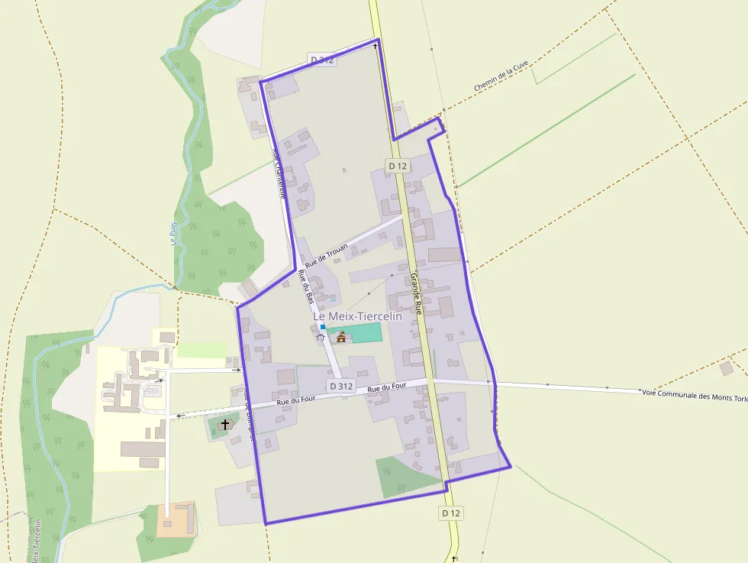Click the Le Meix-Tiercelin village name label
pyautogui.click(x=357, y=316)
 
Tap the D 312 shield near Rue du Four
pyautogui.click(x=341, y=387)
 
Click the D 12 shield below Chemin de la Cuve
pyautogui.click(x=398, y=166)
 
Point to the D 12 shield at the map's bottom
pyautogui.click(x=451, y=513)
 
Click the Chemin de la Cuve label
pyautogui.click(x=501, y=76)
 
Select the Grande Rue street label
pyautogui.click(x=417, y=294)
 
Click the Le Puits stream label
pyautogui.click(x=173, y=233)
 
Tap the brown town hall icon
pyautogui.click(x=341, y=337)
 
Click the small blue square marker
pyautogui.click(x=323, y=327)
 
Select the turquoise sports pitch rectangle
pyautogui.click(x=364, y=332)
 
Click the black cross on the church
pyautogui.click(x=225, y=423)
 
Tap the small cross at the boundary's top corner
pyautogui.click(x=375, y=46)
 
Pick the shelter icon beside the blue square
pyautogui.click(x=321, y=337)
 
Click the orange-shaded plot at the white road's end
pyautogui.click(x=176, y=519)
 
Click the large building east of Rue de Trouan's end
pyautogui.click(x=445, y=254)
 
